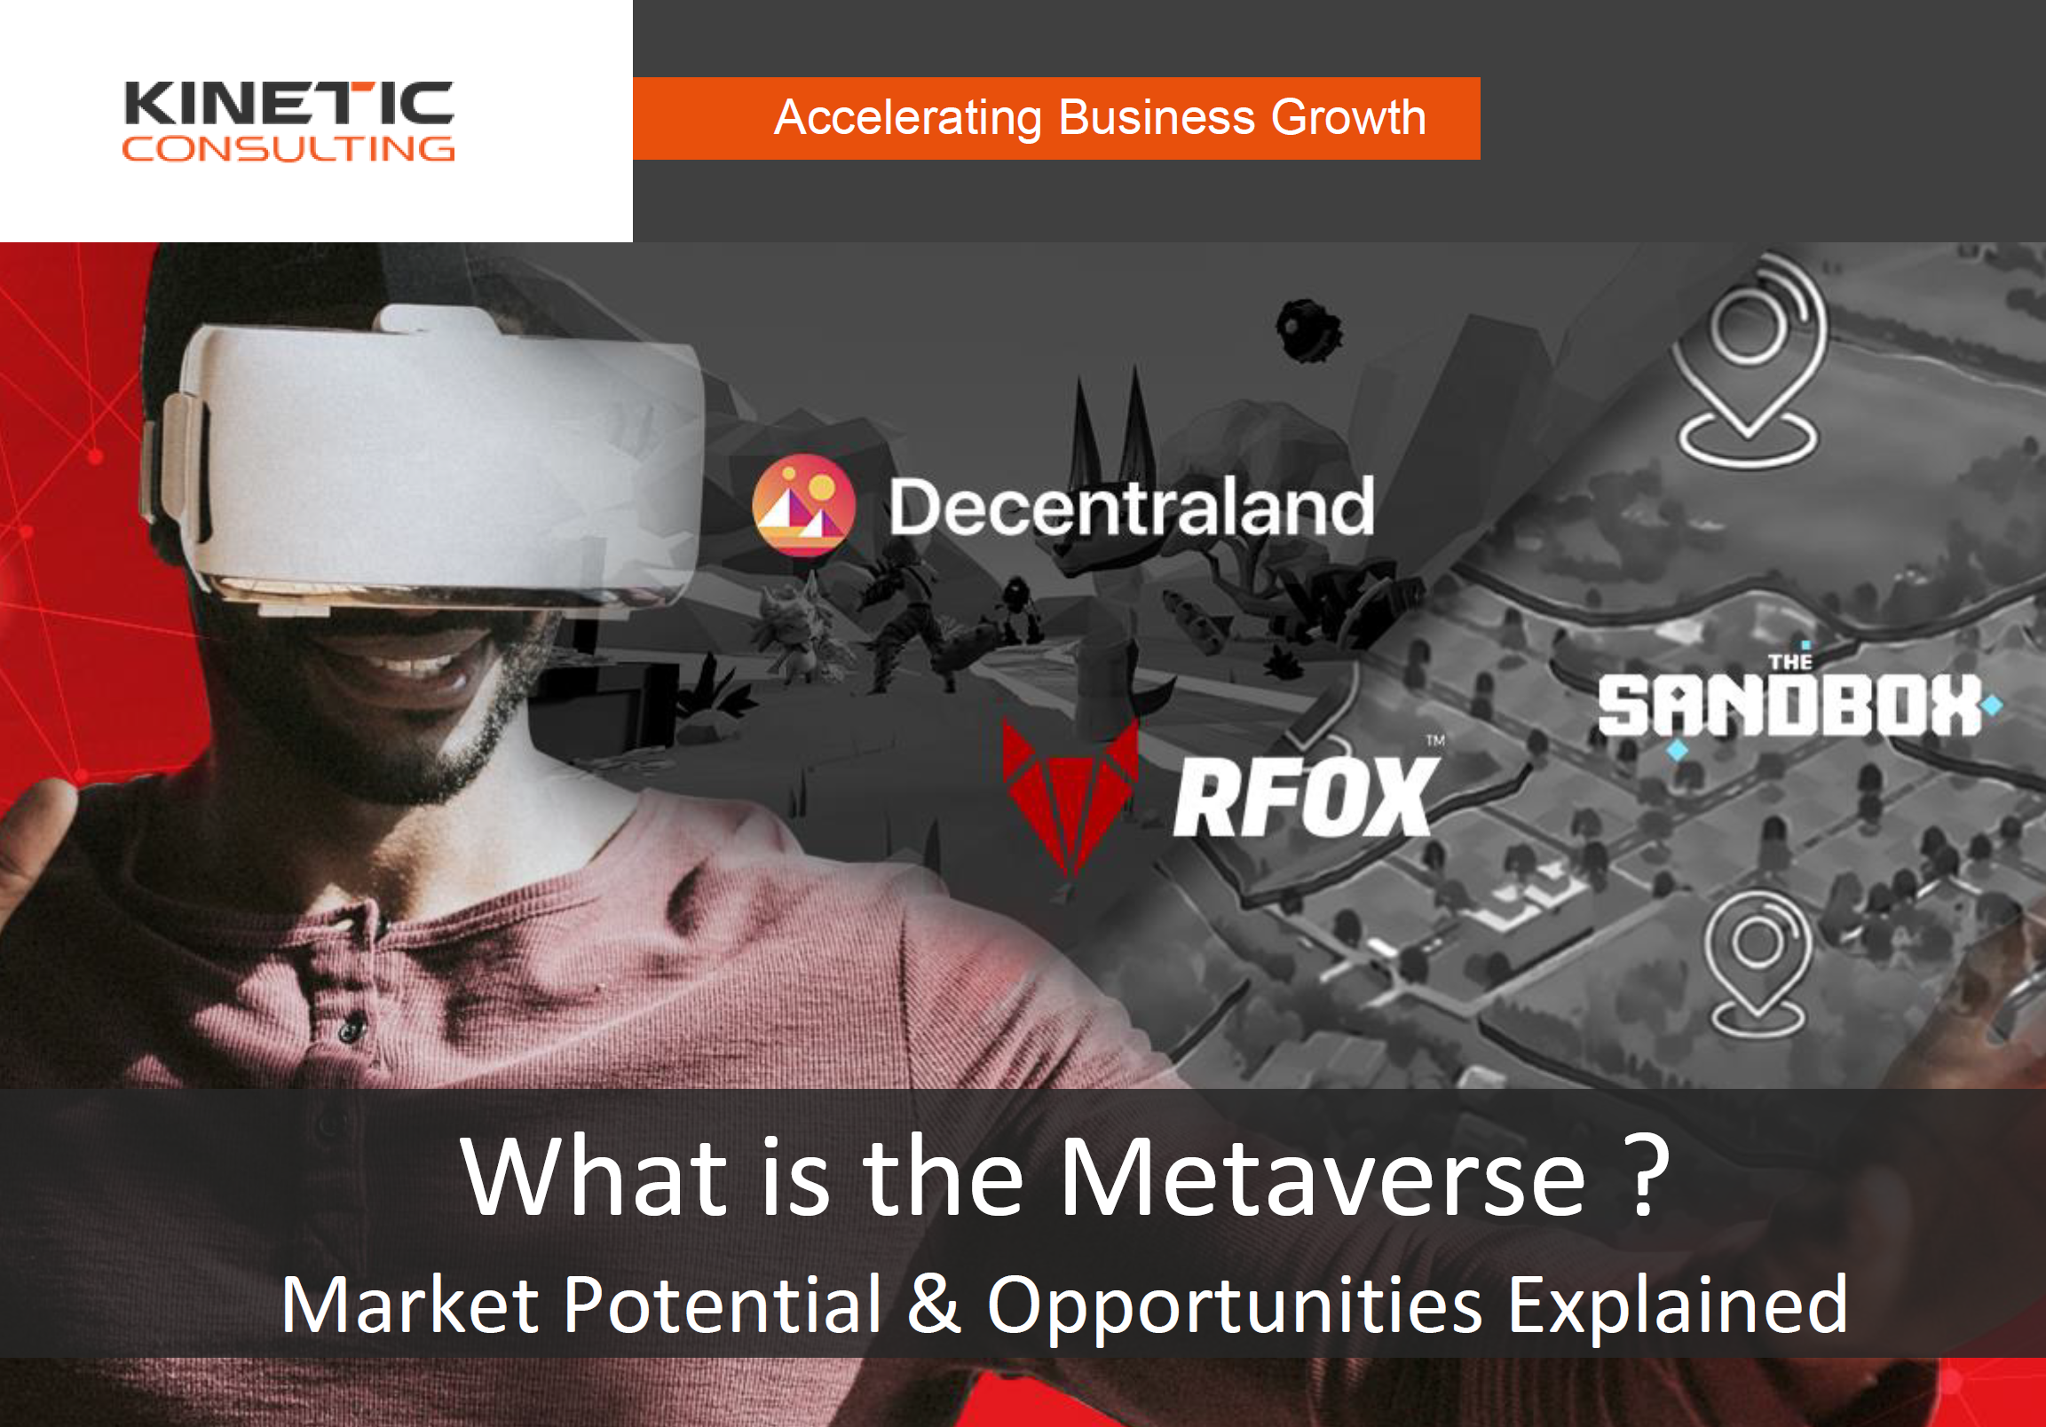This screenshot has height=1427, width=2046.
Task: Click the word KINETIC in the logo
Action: pos(288,103)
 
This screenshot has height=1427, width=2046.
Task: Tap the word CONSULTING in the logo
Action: pos(288,149)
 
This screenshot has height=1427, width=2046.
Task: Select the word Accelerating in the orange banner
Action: pos(908,118)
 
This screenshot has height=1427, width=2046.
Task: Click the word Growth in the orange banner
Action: pos(1348,117)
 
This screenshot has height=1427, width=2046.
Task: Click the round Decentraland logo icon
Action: pos(804,505)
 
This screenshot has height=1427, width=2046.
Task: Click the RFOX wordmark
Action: pos(1304,796)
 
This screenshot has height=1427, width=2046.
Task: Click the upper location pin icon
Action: pos(1749,360)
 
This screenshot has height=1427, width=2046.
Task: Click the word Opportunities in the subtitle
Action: pos(1235,1307)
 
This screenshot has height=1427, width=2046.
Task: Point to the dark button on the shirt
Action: pos(351,1031)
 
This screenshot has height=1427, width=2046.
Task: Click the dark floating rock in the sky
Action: pos(1307,329)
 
